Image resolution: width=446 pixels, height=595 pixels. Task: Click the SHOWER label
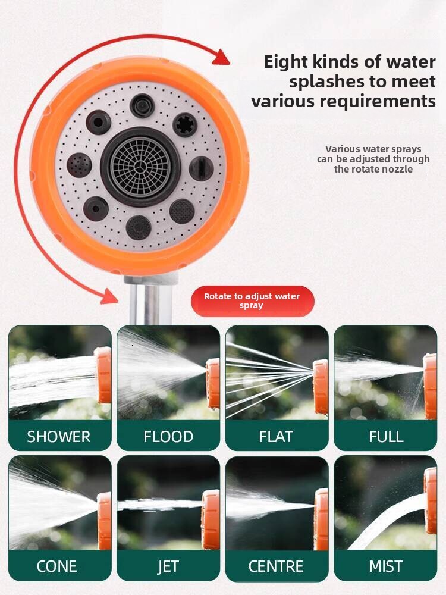click(59, 437)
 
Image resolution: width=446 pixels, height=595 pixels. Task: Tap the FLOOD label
click(168, 437)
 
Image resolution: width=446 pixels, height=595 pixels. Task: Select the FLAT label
click(276, 437)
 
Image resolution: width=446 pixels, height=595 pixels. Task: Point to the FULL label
click(386, 437)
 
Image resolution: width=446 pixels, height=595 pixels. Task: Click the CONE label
click(56, 566)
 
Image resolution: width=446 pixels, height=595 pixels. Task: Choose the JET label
click(168, 566)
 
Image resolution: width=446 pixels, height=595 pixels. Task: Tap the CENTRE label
click(276, 566)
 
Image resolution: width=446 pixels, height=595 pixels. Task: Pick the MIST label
click(386, 566)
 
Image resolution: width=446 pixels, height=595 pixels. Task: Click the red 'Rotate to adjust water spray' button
click(252, 301)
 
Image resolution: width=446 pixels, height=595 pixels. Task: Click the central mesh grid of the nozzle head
click(141, 167)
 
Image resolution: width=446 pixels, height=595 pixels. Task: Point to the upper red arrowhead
click(221, 57)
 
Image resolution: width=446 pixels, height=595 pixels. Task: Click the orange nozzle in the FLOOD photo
click(213, 383)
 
